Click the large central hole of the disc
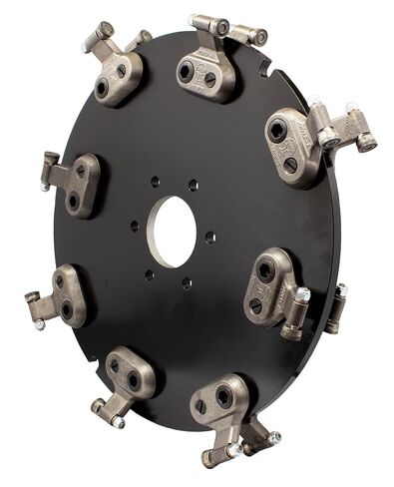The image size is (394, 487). coord(174,232)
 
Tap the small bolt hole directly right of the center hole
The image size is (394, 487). coord(209,238)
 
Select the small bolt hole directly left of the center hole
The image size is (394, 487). coord(135,226)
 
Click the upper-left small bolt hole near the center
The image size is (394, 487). coord(155,183)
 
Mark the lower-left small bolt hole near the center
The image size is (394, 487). coord(149,273)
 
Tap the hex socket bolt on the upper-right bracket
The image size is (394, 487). coord(276,131)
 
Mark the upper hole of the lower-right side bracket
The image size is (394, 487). coord(265,270)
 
